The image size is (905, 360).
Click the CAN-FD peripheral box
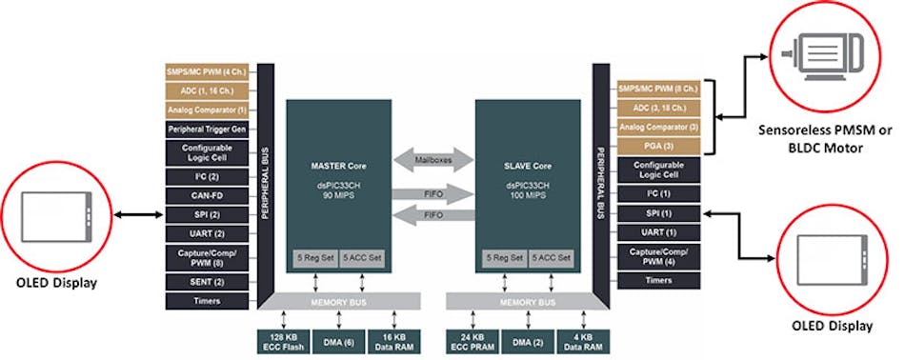(207, 194)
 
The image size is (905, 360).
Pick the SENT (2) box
(207, 280)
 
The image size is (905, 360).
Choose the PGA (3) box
(658, 146)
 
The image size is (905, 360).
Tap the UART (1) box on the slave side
(658, 231)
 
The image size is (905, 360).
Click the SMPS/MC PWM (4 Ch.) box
(207, 71)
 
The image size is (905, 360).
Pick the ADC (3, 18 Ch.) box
(658, 107)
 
